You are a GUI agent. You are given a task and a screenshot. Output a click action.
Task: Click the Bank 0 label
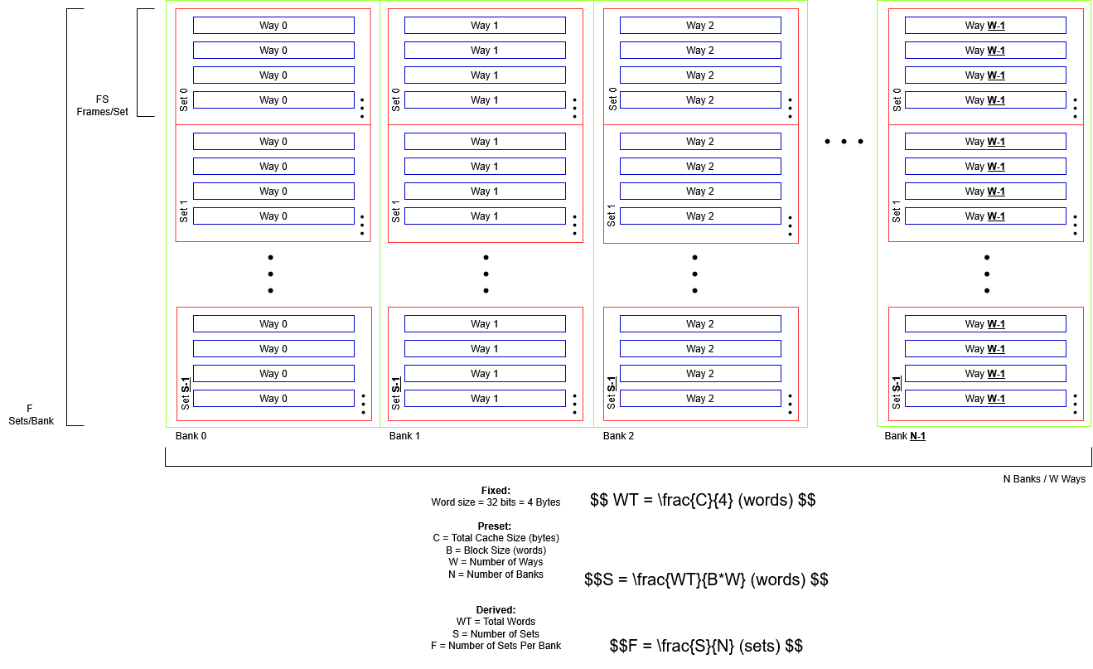pos(191,436)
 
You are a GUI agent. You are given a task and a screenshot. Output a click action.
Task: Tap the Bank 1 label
pos(404,436)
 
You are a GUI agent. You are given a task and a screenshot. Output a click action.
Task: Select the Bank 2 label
pos(618,436)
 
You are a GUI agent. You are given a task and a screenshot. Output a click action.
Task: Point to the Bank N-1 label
pos(905,436)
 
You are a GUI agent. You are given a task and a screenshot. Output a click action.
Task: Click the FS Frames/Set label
pos(103,105)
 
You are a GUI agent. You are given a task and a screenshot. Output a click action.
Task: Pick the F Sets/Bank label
pos(31,414)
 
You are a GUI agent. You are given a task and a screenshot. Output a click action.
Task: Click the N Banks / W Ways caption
pos(1044,479)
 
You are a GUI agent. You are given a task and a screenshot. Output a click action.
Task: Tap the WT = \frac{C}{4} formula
pos(703,500)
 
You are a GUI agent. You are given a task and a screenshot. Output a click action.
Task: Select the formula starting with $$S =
pos(706,579)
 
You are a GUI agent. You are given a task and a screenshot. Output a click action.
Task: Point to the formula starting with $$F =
pos(706,646)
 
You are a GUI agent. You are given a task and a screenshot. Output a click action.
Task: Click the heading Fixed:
pos(496,490)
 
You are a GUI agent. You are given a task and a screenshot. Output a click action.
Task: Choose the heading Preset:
pos(495,526)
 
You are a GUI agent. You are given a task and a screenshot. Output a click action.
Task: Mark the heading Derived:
pos(496,609)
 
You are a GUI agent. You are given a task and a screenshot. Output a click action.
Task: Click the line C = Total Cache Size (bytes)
pos(496,538)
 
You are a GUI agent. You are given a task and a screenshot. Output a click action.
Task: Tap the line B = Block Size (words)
pos(496,550)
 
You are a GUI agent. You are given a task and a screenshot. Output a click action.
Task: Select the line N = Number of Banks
pos(496,574)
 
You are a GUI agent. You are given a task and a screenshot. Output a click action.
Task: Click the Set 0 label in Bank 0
pos(184,100)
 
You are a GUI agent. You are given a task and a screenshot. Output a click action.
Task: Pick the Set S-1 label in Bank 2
pos(612,393)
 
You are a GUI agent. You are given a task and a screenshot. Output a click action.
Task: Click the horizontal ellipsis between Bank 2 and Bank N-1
pos(844,142)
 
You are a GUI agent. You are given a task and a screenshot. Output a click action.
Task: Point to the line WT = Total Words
pos(496,621)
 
